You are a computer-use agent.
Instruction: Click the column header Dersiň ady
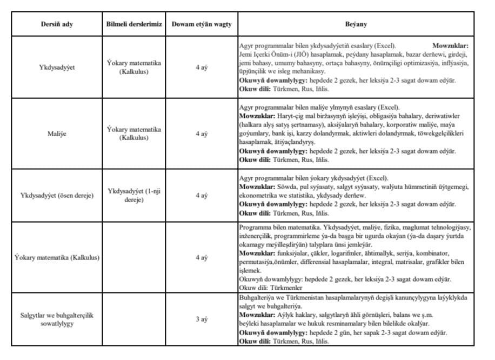pos(57,25)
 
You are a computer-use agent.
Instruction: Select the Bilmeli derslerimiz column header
pos(134,25)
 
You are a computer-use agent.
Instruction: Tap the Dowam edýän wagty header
pos(201,25)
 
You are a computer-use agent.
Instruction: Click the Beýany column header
pos(356,25)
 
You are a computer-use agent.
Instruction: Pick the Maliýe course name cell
pos(57,134)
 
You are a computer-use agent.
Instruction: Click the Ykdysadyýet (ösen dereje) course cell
pos(57,195)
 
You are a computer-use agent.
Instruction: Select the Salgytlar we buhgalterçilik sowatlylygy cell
pos(57,319)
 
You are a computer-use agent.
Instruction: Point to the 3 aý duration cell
pos(201,319)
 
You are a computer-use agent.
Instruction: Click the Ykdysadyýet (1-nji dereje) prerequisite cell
pos(134,195)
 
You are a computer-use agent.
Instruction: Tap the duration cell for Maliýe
pos(201,134)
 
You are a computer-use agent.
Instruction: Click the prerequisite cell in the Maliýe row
pos(134,134)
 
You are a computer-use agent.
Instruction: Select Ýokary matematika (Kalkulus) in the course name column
pos(57,257)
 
